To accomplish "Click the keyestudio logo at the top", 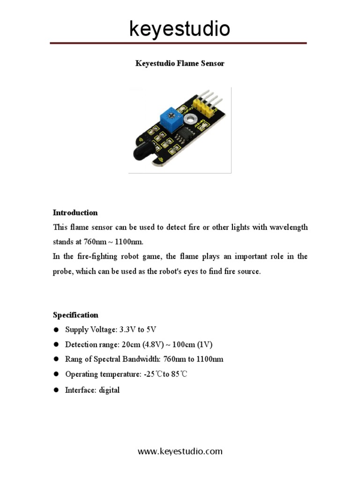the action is [x=180, y=29].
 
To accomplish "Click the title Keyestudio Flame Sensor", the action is [x=180, y=63].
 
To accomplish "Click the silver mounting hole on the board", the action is [x=189, y=122].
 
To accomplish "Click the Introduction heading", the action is [x=75, y=212].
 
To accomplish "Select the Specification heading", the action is [x=75, y=315].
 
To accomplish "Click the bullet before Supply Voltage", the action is [x=56, y=330].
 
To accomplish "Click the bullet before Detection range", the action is [x=56, y=345].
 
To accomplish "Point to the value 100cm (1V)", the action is [x=192, y=345].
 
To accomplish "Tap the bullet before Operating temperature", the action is [x=56, y=374].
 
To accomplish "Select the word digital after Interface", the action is [x=109, y=390].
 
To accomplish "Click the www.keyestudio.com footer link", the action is [x=180, y=451].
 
